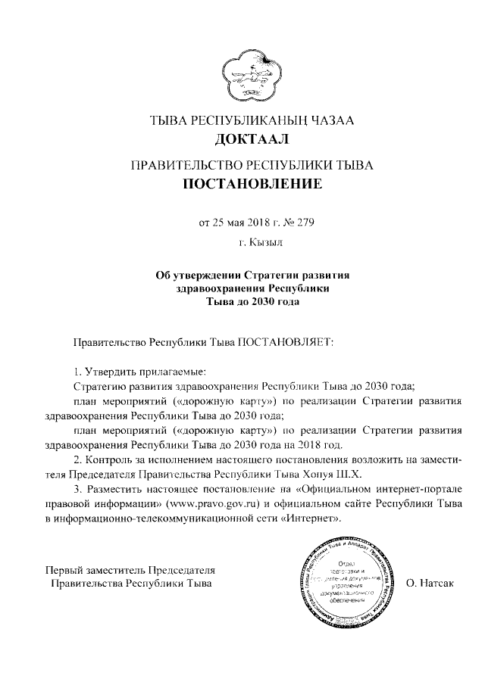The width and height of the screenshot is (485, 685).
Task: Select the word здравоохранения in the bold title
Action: [x=215, y=289]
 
